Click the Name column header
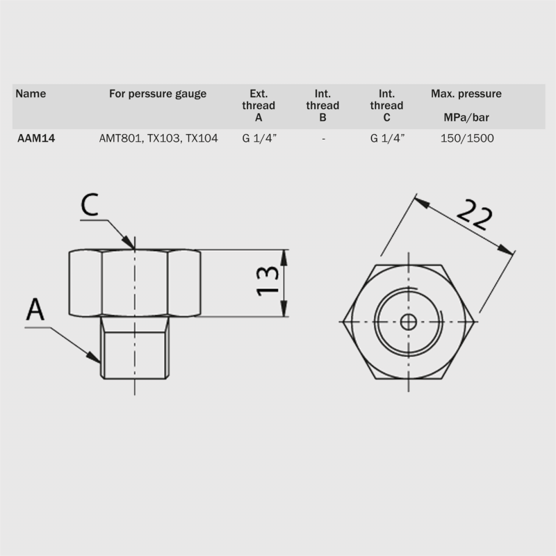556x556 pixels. pos(31,94)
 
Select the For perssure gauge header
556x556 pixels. pos(158,94)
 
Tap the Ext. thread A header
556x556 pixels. pos(259,106)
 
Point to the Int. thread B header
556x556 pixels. pos(322,106)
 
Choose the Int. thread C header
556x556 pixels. pos(387,106)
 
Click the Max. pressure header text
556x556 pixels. pos(466,94)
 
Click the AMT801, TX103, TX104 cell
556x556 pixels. pos(158,138)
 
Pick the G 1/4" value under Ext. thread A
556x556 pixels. pos(259,138)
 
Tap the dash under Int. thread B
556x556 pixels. pos(323,138)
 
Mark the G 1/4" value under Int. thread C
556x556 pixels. pos(387,138)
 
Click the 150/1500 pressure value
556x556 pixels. pos(467,138)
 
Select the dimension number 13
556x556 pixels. pos(268,282)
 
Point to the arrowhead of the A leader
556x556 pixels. pos(97,359)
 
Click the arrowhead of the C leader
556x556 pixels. pos(131,244)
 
